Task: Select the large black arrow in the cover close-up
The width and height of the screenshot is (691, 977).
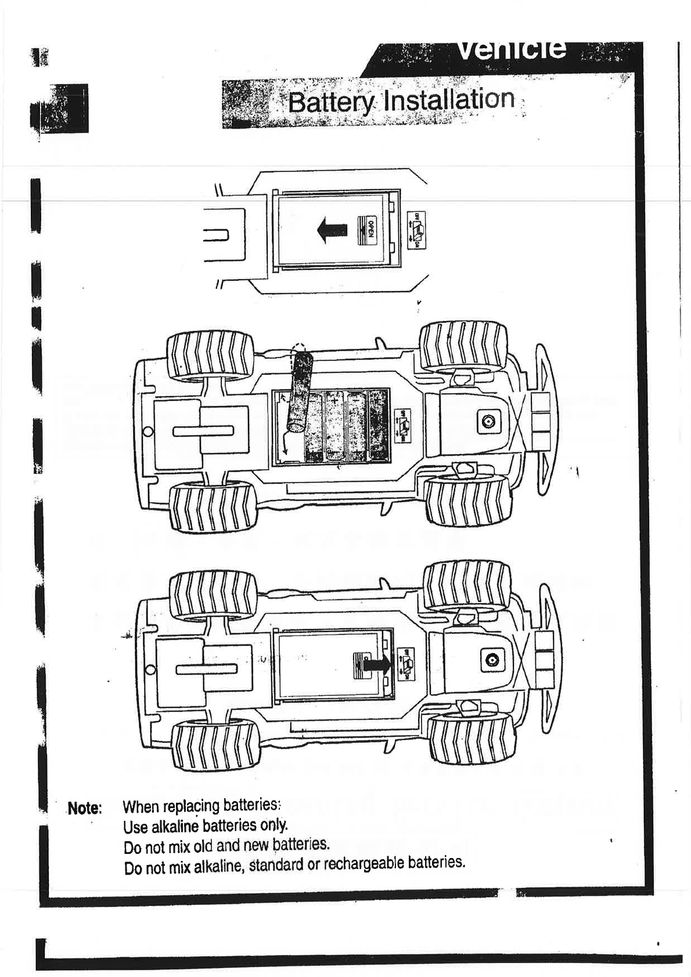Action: [x=333, y=229]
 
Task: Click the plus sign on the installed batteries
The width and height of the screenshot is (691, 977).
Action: [x=335, y=401]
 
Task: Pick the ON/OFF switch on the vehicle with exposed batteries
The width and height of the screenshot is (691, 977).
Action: [x=402, y=426]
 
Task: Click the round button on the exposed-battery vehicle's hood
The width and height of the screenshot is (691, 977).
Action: [x=487, y=422]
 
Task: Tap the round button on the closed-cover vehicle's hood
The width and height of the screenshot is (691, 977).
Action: [x=492, y=659]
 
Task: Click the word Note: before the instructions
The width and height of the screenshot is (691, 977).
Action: [x=85, y=807]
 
